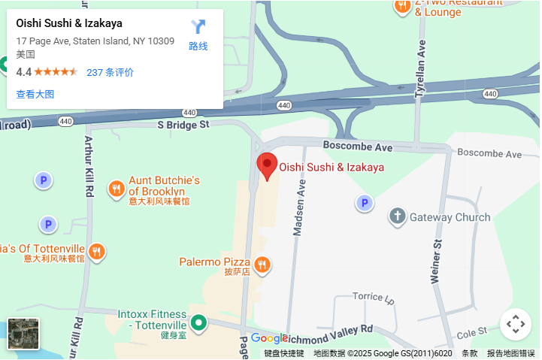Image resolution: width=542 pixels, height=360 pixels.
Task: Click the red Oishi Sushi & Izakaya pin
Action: pyautogui.click(x=267, y=165)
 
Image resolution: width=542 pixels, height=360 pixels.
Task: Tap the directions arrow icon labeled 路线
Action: pyautogui.click(x=198, y=28)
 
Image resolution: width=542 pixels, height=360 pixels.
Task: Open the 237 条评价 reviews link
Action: pyautogui.click(x=111, y=72)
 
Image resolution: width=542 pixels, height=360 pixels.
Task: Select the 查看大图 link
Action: pyautogui.click(x=35, y=94)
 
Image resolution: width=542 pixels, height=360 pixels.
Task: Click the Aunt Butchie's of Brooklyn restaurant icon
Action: pyautogui.click(x=116, y=189)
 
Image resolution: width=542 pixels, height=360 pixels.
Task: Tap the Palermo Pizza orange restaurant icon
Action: pyautogui.click(x=262, y=264)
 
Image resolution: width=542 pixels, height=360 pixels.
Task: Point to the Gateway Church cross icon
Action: pyautogui.click(x=398, y=217)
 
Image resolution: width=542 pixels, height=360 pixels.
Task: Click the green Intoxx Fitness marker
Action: pyautogui.click(x=198, y=323)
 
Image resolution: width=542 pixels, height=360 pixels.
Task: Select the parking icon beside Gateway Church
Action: pyautogui.click(x=365, y=203)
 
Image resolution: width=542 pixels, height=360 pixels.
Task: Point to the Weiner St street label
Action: pyautogui.click(x=435, y=259)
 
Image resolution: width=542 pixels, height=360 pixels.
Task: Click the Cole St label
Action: pyautogui.click(x=471, y=332)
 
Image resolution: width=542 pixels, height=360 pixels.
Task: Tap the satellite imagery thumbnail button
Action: pyautogui.click(x=23, y=334)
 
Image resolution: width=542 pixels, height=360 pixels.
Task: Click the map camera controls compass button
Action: pyautogui.click(x=515, y=325)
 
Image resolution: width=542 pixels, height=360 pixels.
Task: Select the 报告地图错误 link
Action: pyautogui.click(x=511, y=353)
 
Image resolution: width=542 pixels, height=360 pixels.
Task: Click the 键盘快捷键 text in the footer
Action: pyautogui.click(x=283, y=353)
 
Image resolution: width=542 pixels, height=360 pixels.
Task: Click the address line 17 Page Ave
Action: pyautogui.click(x=95, y=41)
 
